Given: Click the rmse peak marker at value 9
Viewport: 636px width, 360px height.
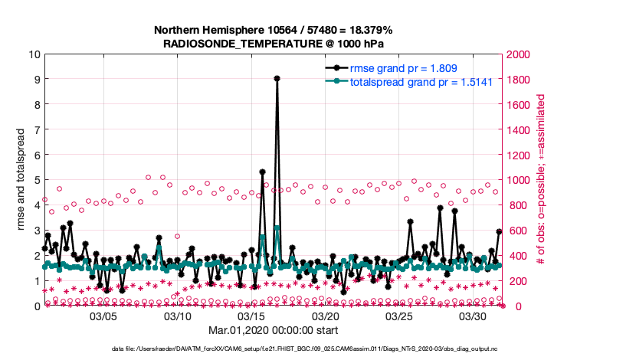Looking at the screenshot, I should click(x=277, y=78).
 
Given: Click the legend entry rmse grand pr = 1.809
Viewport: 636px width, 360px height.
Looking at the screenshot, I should click(x=403, y=69).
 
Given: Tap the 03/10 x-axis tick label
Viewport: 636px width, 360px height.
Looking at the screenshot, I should click(x=178, y=316).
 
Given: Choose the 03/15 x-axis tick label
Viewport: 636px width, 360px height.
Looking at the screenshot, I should click(x=251, y=316).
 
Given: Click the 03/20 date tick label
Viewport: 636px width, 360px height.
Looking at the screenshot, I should click(x=326, y=316).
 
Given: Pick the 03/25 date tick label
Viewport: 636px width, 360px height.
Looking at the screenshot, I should click(x=399, y=316).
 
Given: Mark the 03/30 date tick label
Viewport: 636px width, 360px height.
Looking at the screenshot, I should click(x=474, y=316).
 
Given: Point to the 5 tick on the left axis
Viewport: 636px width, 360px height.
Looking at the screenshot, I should click(x=34, y=180).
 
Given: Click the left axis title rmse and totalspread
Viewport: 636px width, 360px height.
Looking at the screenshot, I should click(x=21, y=180).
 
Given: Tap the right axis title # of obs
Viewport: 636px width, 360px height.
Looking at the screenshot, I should click(x=540, y=180).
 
